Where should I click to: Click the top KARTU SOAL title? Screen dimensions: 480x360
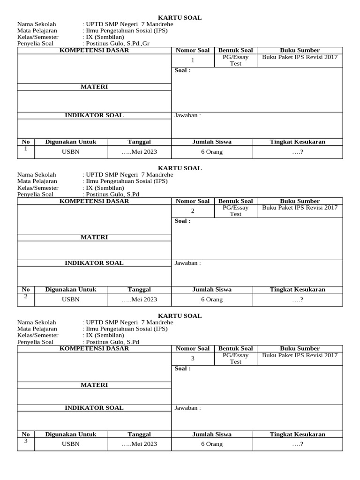[x=180, y=18]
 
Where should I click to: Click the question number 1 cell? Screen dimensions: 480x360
[x=193, y=60]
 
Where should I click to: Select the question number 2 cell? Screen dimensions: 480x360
[x=193, y=211]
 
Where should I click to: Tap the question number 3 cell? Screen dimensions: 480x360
[x=193, y=359]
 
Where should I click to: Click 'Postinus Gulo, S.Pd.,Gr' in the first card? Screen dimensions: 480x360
[x=119, y=44]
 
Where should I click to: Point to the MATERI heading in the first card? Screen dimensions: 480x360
[x=94, y=87]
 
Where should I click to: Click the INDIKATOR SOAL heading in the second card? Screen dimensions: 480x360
[x=94, y=263]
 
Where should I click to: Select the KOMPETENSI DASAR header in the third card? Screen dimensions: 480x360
[x=94, y=349]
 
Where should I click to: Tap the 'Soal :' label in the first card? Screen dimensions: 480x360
[x=182, y=71]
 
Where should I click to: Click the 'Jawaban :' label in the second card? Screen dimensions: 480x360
[x=187, y=263]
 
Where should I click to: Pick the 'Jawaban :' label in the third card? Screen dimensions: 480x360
[x=187, y=408]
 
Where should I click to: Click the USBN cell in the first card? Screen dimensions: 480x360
[x=71, y=152]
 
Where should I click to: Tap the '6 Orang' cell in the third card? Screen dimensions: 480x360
[x=212, y=444]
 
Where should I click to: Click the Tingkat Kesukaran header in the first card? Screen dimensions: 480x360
[x=297, y=142]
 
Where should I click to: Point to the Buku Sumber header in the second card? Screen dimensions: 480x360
[x=300, y=201]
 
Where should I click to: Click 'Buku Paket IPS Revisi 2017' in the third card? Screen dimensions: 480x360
[x=300, y=356]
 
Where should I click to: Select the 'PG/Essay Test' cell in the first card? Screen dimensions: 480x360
[x=235, y=60]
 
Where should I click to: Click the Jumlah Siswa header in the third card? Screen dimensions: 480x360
[x=212, y=435]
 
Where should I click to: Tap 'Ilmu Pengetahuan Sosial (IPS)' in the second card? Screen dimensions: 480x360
[x=126, y=181]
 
